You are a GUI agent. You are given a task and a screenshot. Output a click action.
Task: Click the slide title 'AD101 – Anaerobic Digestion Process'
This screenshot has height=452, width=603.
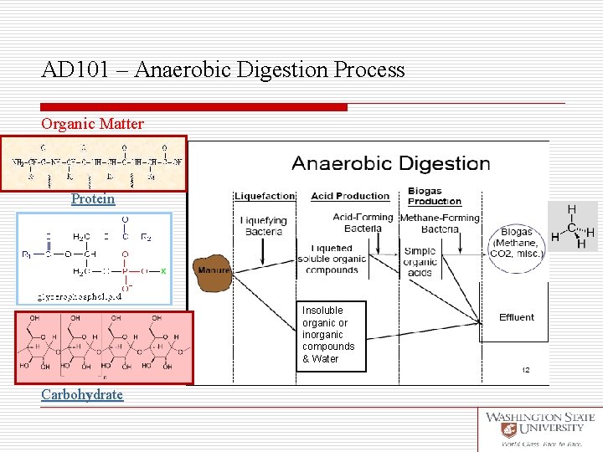pyautogui.click(x=223, y=69)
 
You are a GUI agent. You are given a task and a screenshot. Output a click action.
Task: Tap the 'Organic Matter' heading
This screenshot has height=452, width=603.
pyautogui.click(x=92, y=124)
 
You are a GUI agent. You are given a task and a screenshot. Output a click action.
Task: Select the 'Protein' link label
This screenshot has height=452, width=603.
pyautogui.click(x=92, y=198)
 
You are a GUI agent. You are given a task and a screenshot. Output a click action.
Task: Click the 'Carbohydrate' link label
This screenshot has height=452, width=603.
pyautogui.click(x=82, y=394)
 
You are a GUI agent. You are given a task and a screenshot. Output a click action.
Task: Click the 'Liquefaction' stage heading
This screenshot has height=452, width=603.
pyautogui.click(x=265, y=196)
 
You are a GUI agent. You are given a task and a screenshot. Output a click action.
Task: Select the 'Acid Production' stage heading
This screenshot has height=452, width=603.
pyautogui.click(x=350, y=196)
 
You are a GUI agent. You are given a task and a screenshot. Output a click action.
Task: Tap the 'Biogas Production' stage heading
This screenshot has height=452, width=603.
pyautogui.click(x=435, y=196)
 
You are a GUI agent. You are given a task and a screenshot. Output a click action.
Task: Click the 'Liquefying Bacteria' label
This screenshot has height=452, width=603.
pyautogui.click(x=264, y=226)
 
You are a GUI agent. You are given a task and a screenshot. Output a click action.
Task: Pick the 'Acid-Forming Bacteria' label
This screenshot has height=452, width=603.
pyautogui.click(x=362, y=223)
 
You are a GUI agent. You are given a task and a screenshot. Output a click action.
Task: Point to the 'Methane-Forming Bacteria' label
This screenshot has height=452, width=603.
pyautogui.click(x=440, y=223)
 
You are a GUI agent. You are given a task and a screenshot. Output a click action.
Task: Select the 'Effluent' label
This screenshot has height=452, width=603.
pyautogui.click(x=517, y=317)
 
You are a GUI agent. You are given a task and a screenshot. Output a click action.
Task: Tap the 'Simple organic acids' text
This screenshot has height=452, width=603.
pyautogui.click(x=420, y=262)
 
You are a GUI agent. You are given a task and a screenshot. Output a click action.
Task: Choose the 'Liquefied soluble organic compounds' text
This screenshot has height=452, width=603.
pyautogui.click(x=332, y=259)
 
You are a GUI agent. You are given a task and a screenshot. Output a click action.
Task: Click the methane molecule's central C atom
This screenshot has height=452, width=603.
pyautogui.click(x=571, y=227)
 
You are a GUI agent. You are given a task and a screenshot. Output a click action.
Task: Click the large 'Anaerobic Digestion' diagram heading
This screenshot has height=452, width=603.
pyautogui.click(x=391, y=163)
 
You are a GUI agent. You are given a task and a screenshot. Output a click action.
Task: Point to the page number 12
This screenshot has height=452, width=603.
pyautogui.click(x=526, y=370)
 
